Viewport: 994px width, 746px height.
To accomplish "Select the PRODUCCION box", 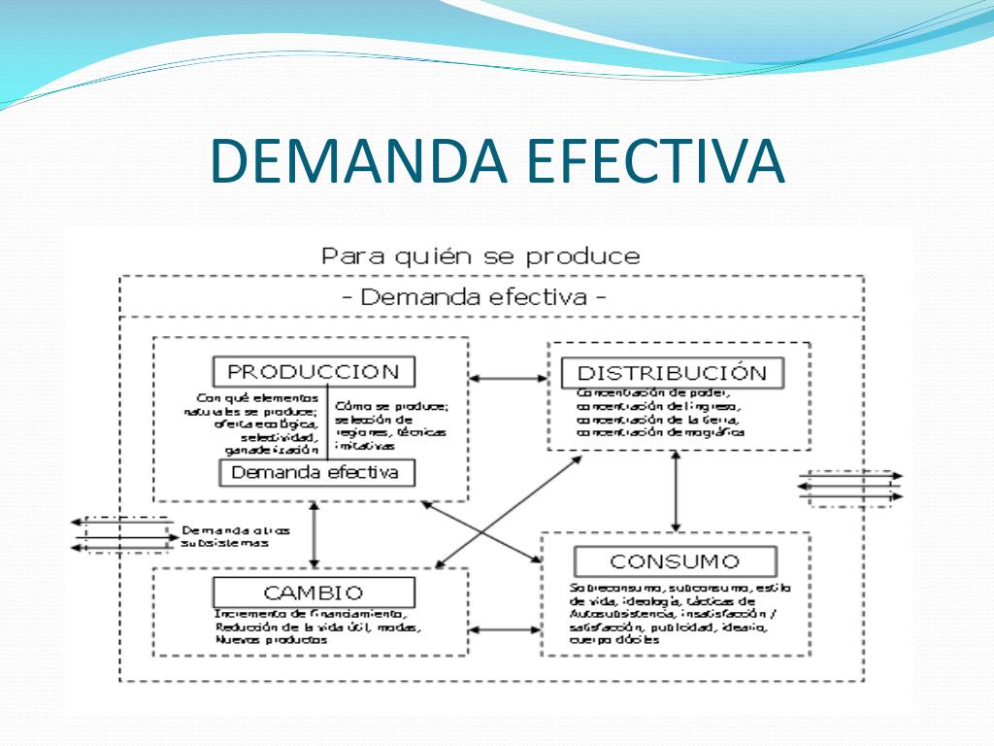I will tap(313, 371).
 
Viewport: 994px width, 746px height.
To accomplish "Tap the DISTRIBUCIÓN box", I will tap(672, 373).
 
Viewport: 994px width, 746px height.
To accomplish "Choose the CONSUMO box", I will tap(674, 561).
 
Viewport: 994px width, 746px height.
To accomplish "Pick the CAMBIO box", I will tap(313, 593).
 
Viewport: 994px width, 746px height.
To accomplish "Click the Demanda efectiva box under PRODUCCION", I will tap(315, 473).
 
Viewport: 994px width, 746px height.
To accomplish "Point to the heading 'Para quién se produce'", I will tap(480, 257).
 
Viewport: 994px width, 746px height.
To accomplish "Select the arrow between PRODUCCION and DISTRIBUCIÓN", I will tap(508, 378).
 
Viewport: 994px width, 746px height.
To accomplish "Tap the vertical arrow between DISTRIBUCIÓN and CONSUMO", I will tap(676, 492).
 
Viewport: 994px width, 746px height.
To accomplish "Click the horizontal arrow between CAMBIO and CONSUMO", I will tap(506, 629).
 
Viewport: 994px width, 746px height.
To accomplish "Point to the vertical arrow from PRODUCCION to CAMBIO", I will tap(314, 534).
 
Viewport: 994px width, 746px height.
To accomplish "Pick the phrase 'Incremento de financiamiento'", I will tap(311, 615).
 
